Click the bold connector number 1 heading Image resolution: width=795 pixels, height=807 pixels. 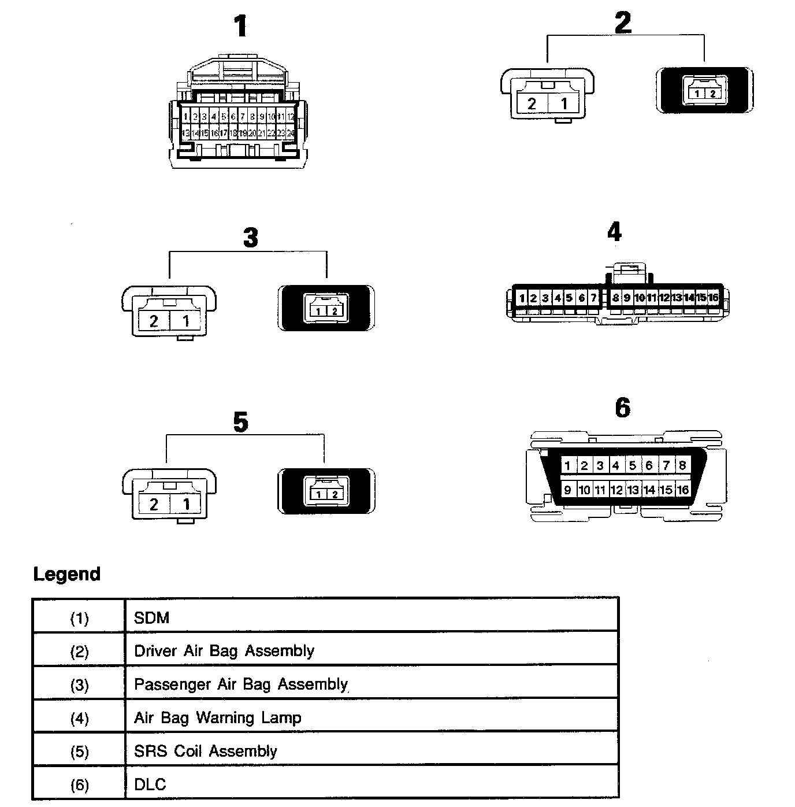coord(240,27)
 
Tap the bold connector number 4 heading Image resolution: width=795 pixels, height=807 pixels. coord(614,232)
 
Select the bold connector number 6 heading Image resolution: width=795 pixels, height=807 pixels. coord(622,408)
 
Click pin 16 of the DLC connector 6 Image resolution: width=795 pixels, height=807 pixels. coord(683,490)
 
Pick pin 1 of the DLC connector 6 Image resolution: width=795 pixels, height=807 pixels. coord(568,466)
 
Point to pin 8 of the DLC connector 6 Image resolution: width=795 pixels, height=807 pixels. coord(682,465)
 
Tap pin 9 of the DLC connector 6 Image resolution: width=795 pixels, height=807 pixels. coord(568,490)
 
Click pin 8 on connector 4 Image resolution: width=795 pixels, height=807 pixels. coord(616,298)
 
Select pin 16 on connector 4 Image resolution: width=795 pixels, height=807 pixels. coord(713,298)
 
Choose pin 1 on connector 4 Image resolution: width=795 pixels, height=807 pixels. coord(522,298)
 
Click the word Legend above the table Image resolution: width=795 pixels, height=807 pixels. coord(67,574)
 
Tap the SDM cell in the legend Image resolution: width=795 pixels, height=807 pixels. coord(152,618)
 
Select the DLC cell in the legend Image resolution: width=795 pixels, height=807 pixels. coord(150,784)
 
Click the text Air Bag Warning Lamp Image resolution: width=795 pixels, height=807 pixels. coord(218,718)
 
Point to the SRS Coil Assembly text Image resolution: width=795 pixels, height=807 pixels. coord(206,751)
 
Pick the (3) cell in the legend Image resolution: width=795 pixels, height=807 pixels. coord(80,685)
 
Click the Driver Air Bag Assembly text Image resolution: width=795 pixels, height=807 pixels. coord(224,651)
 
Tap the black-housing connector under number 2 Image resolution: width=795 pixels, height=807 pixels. coord(705,91)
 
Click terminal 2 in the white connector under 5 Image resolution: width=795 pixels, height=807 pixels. coord(154,504)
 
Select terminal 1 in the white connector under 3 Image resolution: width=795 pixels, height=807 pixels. coord(186,320)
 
